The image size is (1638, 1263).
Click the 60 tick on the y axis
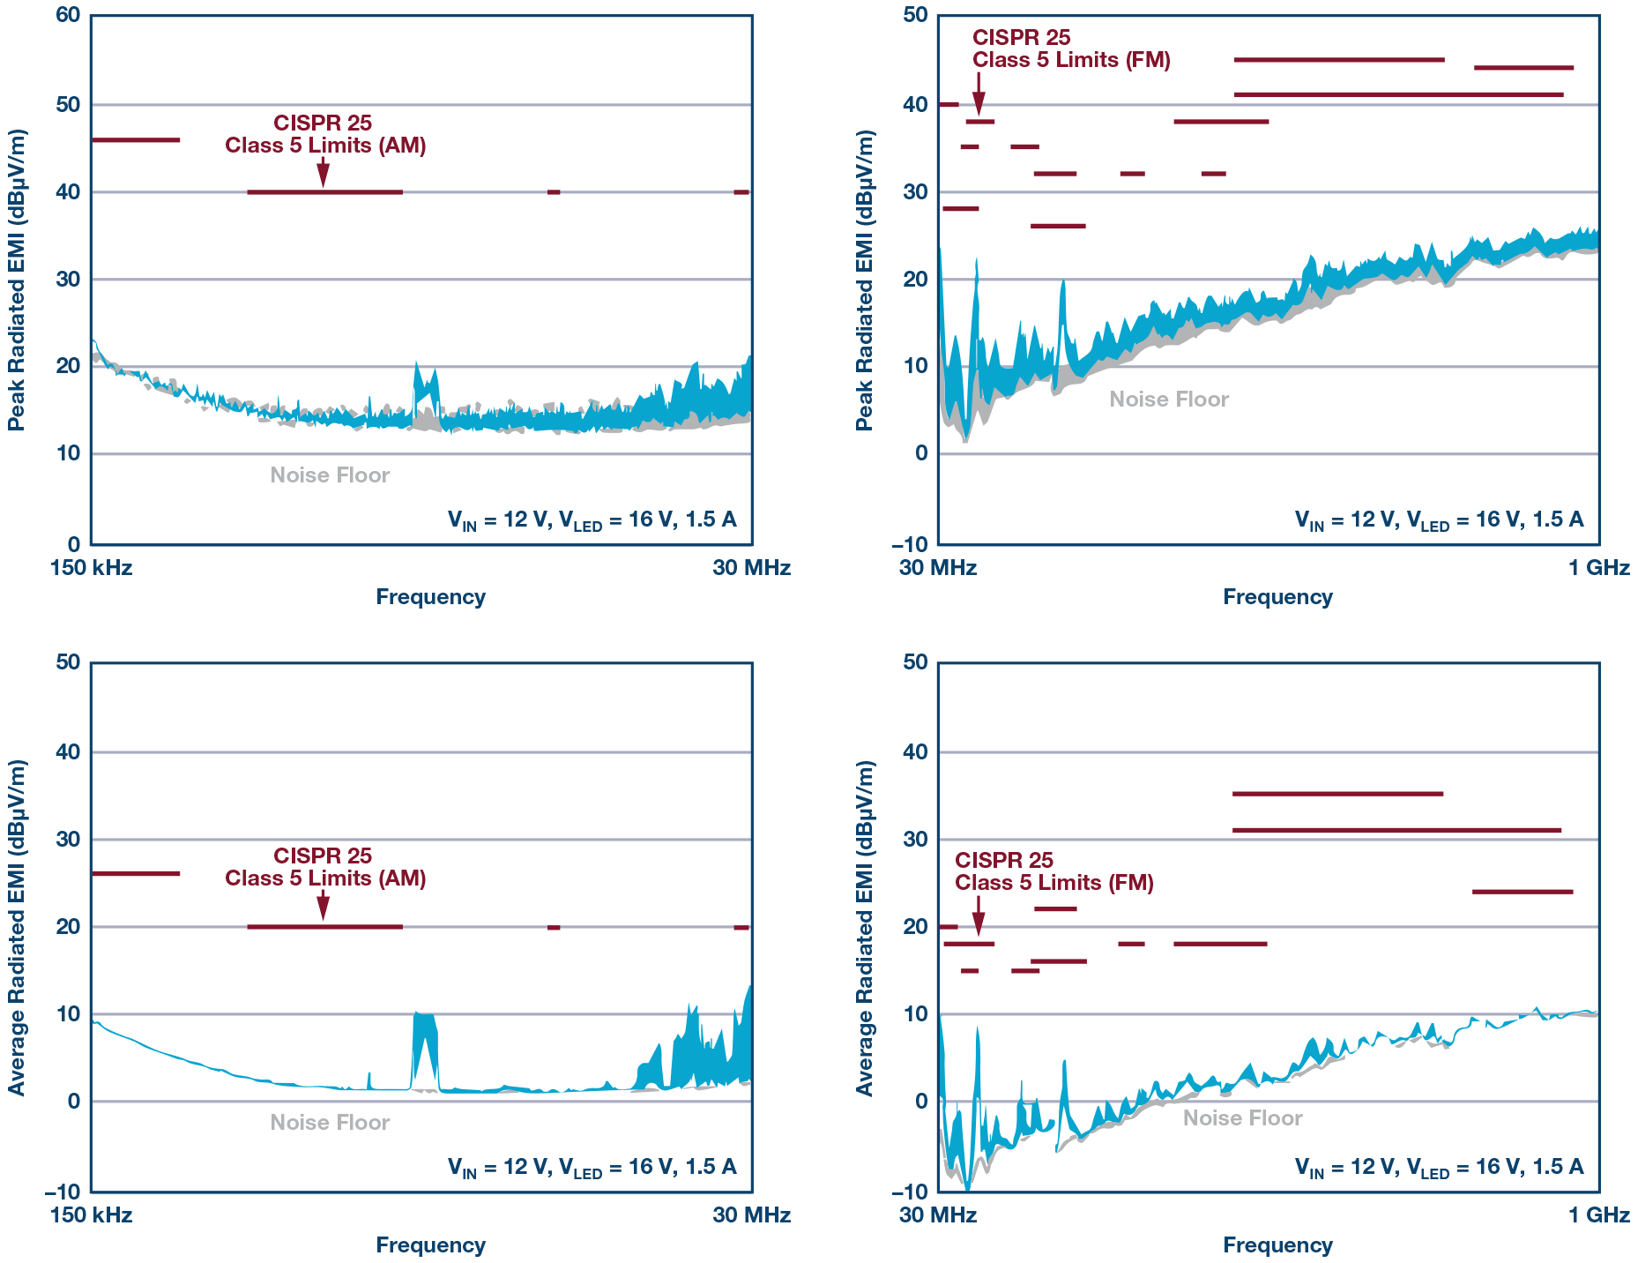[x=68, y=15]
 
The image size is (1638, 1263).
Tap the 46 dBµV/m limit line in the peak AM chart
[x=136, y=139]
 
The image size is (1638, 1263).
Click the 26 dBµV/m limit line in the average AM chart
[x=136, y=873]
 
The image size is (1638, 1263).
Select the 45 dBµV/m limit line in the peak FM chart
[x=1338, y=60]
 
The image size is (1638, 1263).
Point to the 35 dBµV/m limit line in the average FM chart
[x=1336, y=794]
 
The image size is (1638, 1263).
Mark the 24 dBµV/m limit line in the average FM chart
[x=1522, y=892]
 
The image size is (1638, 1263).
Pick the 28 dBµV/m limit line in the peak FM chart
[x=960, y=208]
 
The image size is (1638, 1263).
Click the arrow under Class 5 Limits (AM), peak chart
[x=323, y=173]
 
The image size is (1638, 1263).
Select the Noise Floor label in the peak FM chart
[x=1168, y=400]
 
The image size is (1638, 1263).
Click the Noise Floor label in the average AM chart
[x=330, y=1122]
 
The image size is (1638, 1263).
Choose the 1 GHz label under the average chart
[x=1598, y=1214]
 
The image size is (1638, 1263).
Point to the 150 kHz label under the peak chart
[x=91, y=568]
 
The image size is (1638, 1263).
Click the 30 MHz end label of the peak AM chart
[x=751, y=568]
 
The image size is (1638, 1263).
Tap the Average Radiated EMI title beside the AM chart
[x=17, y=927]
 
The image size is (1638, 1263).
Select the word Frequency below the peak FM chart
[x=1277, y=597]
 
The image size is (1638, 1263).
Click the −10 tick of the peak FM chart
[x=910, y=543]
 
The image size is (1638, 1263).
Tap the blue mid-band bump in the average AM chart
[x=425, y=1050]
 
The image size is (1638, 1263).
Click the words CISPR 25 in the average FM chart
[x=1003, y=860]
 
